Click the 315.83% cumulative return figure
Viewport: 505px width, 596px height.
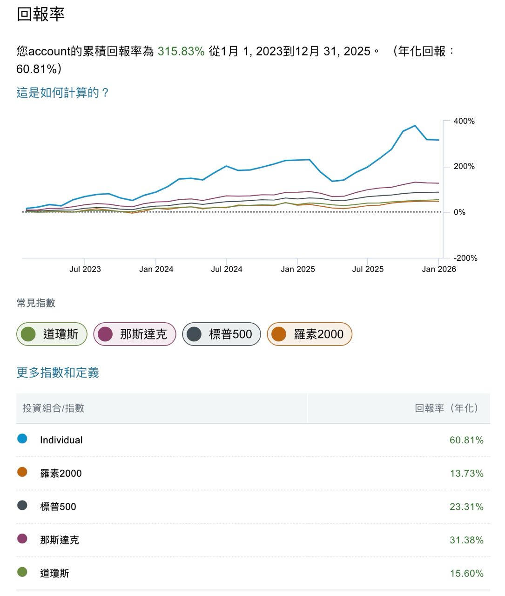pyautogui.click(x=181, y=51)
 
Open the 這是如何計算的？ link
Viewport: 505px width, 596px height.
pyautogui.click(x=63, y=93)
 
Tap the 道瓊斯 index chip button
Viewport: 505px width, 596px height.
pyautogui.click(x=52, y=334)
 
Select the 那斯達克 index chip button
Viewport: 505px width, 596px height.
pyautogui.click(x=135, y=334)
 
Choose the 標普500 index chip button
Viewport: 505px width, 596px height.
pyautogui.click(x=221, y=334)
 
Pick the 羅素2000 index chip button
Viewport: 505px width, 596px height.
pyautogui.click(x=309, y=334)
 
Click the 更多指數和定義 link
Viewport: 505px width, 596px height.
pyautogui.click(x=58, y=372)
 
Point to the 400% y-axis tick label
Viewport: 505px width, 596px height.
pyautogui.click(x=464, y=121)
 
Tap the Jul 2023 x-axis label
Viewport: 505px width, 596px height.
pyautogui.click(x=85, y=269)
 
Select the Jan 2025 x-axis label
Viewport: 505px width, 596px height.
pyautogui.click(x=298, y=269)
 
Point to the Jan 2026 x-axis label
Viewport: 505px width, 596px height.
pyautogui.click(x=439, y=269)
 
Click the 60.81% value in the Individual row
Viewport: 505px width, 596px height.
pyautogui.click(x=466, y=440)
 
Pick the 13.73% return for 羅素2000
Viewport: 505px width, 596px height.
pyautogui.click(x=466, y=474)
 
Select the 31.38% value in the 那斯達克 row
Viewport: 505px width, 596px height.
pyautogui.click(x=466, y=540)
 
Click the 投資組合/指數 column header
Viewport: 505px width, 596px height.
pyautogui.click(x=54, y=408)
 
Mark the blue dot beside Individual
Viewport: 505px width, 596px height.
pyautogui.click(x=22, y=439)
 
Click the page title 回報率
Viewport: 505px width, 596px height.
pyautogui.click(x=40, y=14)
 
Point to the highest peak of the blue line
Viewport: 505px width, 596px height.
pyautogui.click(x=415, y=126)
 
